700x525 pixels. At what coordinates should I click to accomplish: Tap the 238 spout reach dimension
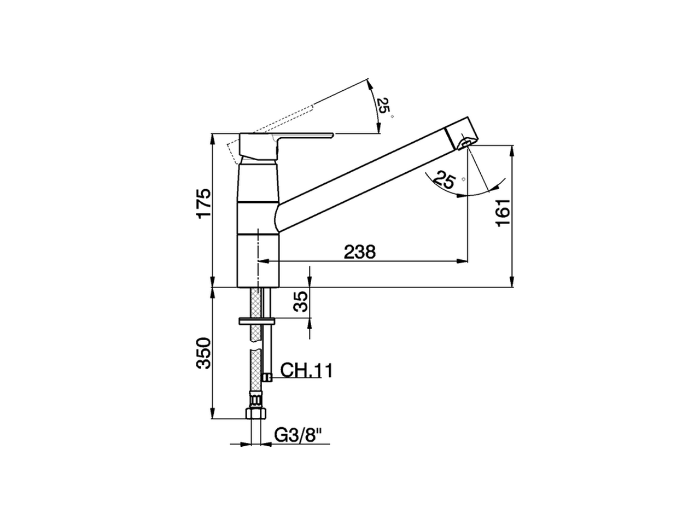click(360, 252)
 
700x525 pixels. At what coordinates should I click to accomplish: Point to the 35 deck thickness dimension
click(301, 301)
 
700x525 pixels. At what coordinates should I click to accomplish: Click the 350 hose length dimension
click(203, 353)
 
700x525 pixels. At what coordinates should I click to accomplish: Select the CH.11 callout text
click(306, 371)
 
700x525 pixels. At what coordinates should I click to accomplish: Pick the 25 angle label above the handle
click(385, 107)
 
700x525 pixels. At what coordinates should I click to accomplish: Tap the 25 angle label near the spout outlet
click(446, 180)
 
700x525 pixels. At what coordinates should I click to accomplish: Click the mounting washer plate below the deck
click(257, 320)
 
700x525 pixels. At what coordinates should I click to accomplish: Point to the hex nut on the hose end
click(255, 411)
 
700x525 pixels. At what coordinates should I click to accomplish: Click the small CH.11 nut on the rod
click(267, 377)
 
